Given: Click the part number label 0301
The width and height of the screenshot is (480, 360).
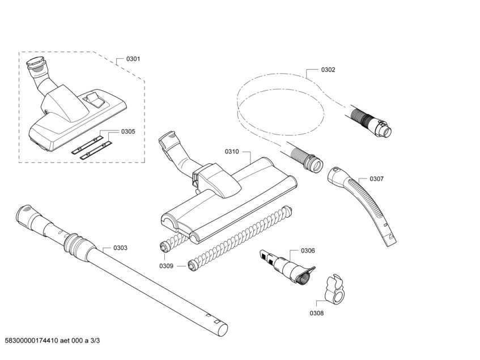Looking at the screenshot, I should tap(133, 59).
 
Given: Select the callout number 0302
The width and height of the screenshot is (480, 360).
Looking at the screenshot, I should tap(328, 70).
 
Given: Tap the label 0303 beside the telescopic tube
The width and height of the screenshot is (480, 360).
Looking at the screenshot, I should tap(120, 248).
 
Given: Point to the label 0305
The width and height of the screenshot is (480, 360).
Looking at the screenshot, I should tap(128, 132).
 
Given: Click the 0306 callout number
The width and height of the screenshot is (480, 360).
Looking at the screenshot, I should tap(308, 251).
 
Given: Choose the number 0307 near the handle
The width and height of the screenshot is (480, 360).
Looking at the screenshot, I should tap(376, 179).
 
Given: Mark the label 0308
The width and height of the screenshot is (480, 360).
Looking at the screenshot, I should tap(317, 313).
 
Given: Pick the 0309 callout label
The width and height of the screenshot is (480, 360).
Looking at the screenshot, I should tap(166, 265).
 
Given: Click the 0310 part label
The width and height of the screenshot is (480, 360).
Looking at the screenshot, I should tap(232, 151).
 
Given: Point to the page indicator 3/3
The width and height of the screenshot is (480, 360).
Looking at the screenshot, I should tap(95, 340).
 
